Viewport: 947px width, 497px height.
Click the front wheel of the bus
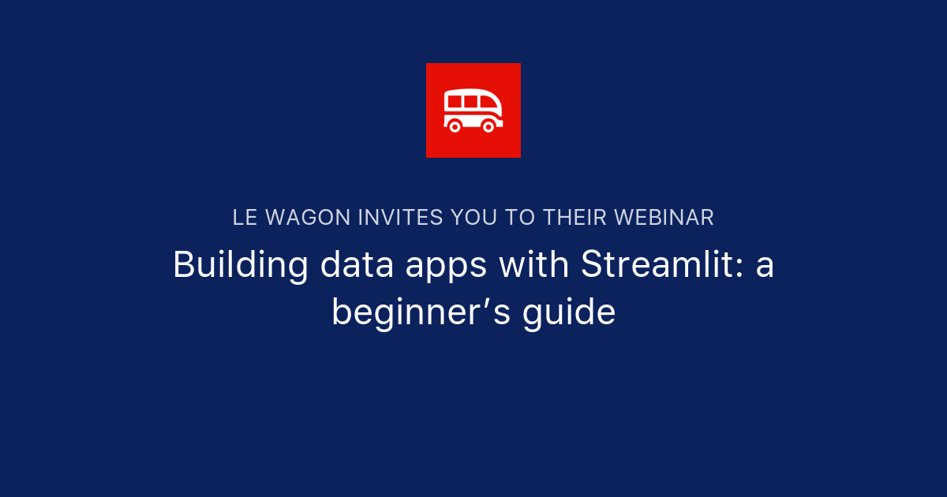(x=488, y=125)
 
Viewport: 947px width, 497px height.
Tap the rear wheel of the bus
(x=455, y=125)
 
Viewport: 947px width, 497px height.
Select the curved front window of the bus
(x=489, y=103)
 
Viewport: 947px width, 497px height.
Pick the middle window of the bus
(x=470, y=101)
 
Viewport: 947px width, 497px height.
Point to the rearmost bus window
(x=454, y=101)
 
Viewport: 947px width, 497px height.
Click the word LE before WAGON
(x=245, y=218)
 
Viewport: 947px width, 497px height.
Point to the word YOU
(x=474, y=218)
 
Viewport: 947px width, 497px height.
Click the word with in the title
(x=533, y=266)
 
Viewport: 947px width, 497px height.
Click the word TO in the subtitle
(x=518, y=218)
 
